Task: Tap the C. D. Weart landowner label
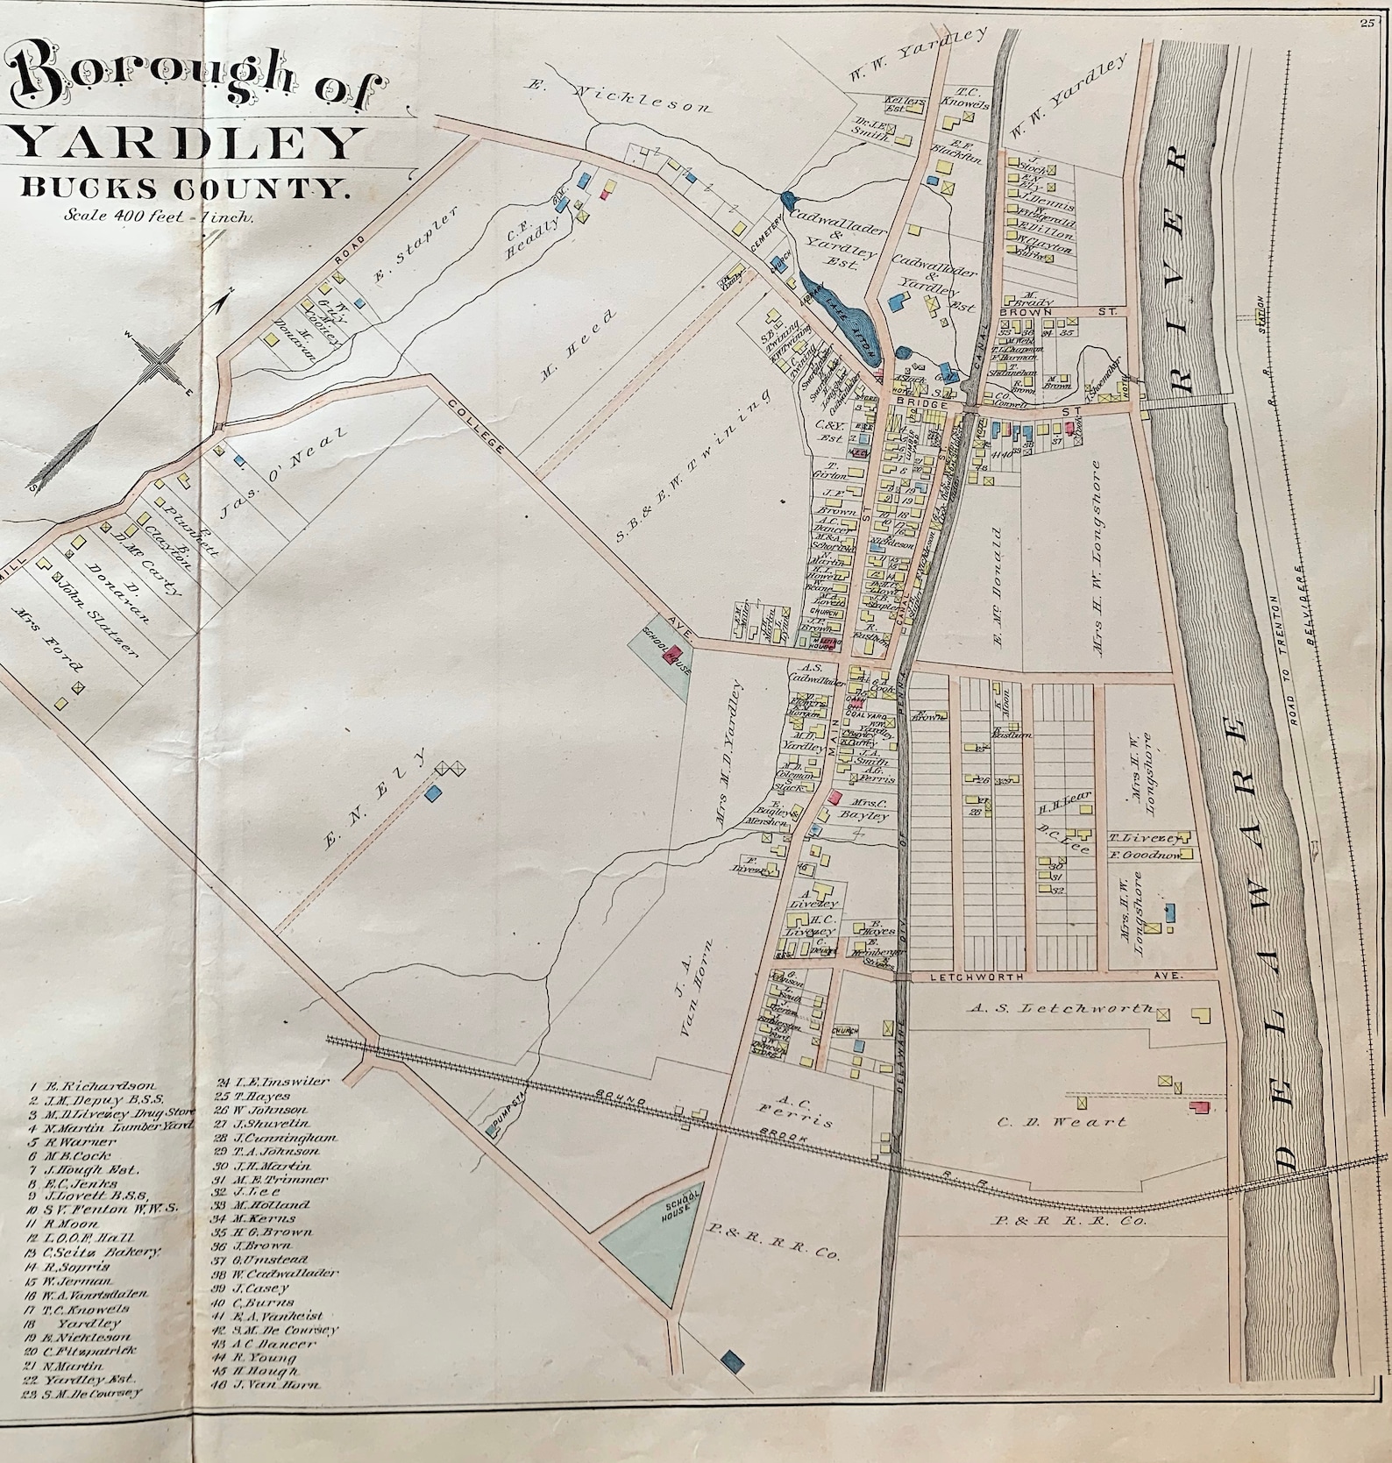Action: click(1062, 1121)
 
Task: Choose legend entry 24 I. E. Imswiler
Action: click(272, 1082)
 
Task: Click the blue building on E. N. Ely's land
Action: click(432, 792)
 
